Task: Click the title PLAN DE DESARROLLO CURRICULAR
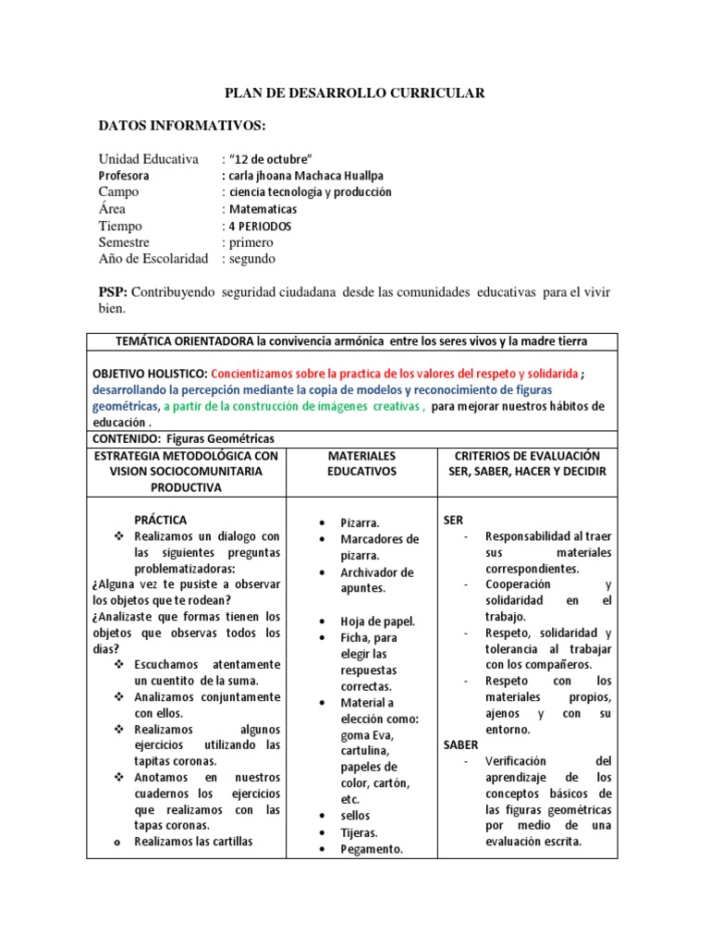(355, 93)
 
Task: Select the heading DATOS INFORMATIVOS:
(182, 125)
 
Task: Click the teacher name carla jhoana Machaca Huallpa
(302, 175)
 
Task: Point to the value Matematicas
(264, 209)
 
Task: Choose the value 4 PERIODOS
(263, 226)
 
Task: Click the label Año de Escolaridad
(153, 258)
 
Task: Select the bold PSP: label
(114, 292)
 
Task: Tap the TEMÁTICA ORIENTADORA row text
(351, 341)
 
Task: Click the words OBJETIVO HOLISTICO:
(150, 373)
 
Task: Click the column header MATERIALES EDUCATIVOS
(361, 463)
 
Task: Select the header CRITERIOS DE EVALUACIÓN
(526, 456)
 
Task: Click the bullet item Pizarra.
(360, 523)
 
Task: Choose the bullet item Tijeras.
(359, 832)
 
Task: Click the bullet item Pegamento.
(371, 849)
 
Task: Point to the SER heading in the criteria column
(454, 520)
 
